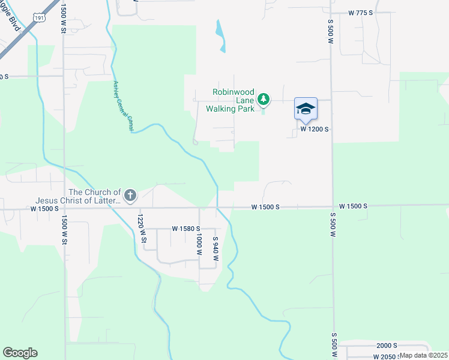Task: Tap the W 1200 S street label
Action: pos(315,129)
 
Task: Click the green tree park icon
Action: pos(263,99)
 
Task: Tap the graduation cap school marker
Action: pos(306,109)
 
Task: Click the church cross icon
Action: pos(130,195)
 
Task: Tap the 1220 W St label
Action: pos(142,229)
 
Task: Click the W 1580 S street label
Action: pos(185,229)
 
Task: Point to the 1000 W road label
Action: pos(198,245)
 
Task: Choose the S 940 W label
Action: pos(215,248)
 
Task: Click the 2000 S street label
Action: pos(387,346)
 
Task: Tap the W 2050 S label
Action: pos(385,356)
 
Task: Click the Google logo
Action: pos(20,353)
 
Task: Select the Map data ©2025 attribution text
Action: pos(423,355)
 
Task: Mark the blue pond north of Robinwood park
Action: pos(220,36)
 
